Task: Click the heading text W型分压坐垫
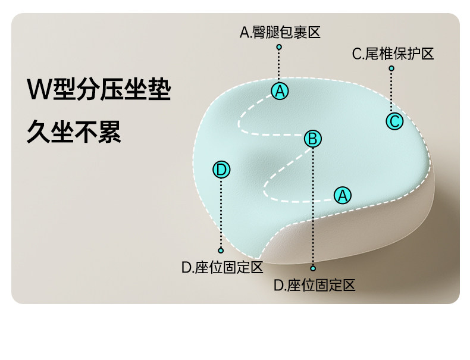[99, 90]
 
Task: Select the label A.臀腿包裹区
[280, 32]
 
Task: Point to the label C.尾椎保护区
[393, 54]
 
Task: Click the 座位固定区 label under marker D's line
[222, 267]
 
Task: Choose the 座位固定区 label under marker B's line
[314, 285]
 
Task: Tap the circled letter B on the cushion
[313, 139]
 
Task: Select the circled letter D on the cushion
[221, 170]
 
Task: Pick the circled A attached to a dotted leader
[280, 91]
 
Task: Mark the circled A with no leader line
[342, 195]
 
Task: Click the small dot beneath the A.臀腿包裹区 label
[279, 46]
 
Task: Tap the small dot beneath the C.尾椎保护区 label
[391, 68]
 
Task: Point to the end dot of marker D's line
[221, 251]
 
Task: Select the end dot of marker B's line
[313, 268]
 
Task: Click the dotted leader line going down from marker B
[313, 208]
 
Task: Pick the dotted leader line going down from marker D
[221, 214]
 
